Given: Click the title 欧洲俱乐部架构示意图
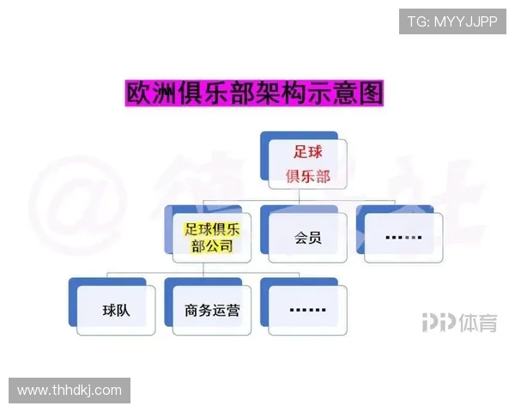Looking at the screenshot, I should [x=255, y=93].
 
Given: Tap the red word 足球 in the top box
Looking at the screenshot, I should [x=308, y=151].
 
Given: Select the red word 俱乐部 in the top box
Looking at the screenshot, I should [x=308, y=178].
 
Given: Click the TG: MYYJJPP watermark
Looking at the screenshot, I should [x=451, y=21].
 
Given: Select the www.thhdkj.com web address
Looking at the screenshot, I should [x=70, y=391].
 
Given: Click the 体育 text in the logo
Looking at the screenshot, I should [x=476, y=323].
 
